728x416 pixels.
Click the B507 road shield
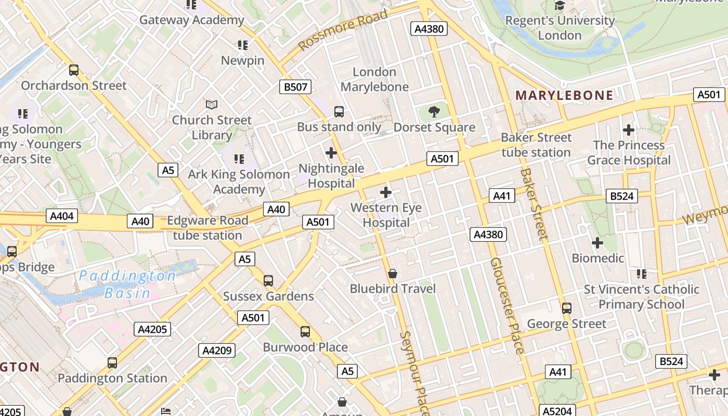pyautogui.click(x=295, y=87)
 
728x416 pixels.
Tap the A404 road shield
pyautogui.click(x=62, y=216)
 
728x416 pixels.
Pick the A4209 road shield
pyautogui.click(x=216, y=350)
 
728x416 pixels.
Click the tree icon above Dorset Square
pyautogui.click(x=434, y=112)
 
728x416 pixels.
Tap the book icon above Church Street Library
pyautogui.click(x=212, y=105)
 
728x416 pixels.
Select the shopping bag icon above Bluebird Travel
pyautogui.click(x=393, y=274)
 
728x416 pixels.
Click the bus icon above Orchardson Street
pyautogui.click(x=74, y=70)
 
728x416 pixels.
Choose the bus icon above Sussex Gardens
pyautogui.click(x=268, y=281)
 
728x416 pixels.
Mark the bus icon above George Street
pyautogui.click(x=567, y=308)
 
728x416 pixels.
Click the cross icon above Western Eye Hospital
pyautogui.click(x=386, y=192)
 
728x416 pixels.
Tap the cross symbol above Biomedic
pyautogui.click(x=597, y=242)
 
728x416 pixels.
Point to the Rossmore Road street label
pyautogui.click(x=343, y=30)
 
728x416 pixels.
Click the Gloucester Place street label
pyautogui.click(x=507, y=306)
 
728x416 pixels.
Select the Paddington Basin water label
pyautogui.click(x=127, y=284)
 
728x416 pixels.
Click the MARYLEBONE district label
pyautogui.click(x=564, y=95)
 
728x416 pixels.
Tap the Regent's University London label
pyautogui.click(x=560, y=28)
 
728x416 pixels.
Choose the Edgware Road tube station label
pyautogui.click(x=207, y=228)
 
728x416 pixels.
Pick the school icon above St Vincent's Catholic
pyautogui.click(x=641, y=274)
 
